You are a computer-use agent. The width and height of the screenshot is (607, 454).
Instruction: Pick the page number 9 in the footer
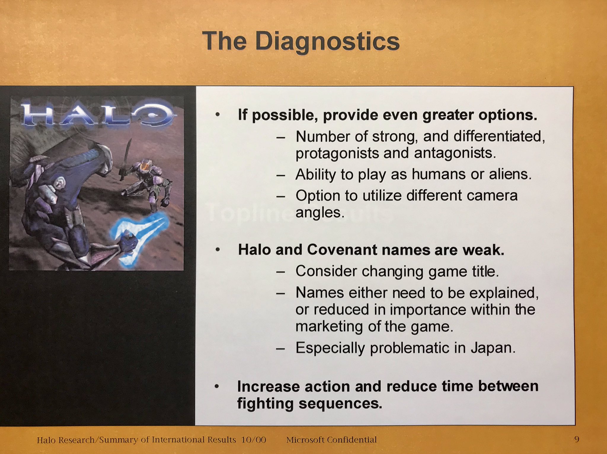(x=576, y=439)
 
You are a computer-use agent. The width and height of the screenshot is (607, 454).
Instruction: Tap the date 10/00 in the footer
(x=253, y=440)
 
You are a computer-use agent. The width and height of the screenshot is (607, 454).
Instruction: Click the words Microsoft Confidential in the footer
(x=331, y=440)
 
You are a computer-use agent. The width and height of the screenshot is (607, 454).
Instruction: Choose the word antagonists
(x=455, y=153)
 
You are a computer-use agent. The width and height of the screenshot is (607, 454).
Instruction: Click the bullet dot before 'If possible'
(x=218, y=115)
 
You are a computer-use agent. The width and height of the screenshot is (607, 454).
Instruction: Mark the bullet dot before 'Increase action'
(x=217, y=386)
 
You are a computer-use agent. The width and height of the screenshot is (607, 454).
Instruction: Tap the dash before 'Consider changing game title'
(x=280, y=272)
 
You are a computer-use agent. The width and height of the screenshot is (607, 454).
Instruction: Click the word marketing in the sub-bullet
(x=329, y=327)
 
